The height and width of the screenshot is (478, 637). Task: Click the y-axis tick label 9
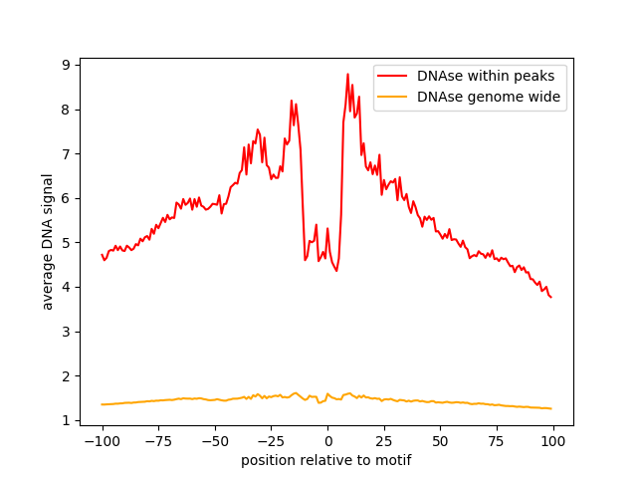click(x=66, y=65)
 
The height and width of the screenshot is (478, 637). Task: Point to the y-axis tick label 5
click(x=66, y=243)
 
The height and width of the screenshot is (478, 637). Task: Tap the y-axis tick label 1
click(x=66, y=420)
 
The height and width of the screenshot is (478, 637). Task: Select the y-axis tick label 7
click(x=66, y=154)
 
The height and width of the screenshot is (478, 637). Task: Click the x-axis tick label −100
click(x=102, y=441)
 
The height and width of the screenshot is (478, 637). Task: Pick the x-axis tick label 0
click(x=327, y=441)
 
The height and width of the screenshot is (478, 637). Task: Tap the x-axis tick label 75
click(x=497, y=441)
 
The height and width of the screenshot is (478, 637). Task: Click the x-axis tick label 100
click(x=552, y=441)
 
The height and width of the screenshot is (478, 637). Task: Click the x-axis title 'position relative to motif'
click(x=326, y=460)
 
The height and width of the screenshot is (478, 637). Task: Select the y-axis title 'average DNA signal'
click(x=48, y=242)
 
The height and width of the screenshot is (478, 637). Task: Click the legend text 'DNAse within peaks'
click(x=486, y=76)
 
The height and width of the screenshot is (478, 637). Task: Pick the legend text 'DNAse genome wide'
click(x=489, y=97)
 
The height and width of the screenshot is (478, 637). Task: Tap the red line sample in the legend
click(x=392, y=76)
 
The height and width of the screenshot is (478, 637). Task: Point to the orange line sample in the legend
click(x=392, y=97)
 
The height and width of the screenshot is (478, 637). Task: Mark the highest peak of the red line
click(x=347, y=74)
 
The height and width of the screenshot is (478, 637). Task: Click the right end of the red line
click(x=551, y=298)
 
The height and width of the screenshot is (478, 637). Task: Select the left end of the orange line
click(x=102, y=404)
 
